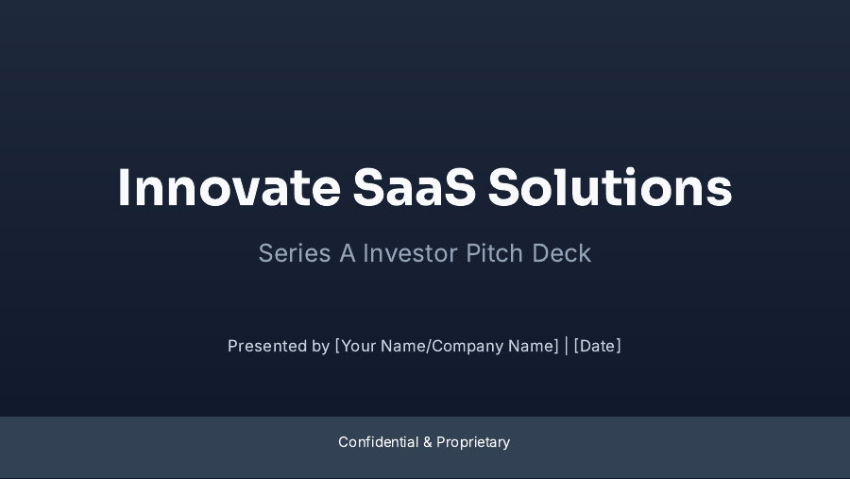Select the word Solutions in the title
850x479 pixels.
pyautogui.click(x=610, y=188)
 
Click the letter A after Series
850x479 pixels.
pyautogui.click(x=348, y=253)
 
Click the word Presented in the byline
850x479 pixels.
pyautogui.click(x=266, y=346)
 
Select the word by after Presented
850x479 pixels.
pyautogui.click(x=321, y=347)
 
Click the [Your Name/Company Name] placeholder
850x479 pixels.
pyautogui.click(x=447, y=346)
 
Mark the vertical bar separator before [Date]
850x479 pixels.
pyautogui.click(x=567, y=346)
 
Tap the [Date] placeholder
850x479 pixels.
pyautogui.click(x=598, y=346)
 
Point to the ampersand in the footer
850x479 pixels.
pyautogui.click(x=427, y=442)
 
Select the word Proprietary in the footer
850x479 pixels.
pyautogui.click(x=473, y=442)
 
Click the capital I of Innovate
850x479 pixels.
pyautogui.click(x=124, y=188)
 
